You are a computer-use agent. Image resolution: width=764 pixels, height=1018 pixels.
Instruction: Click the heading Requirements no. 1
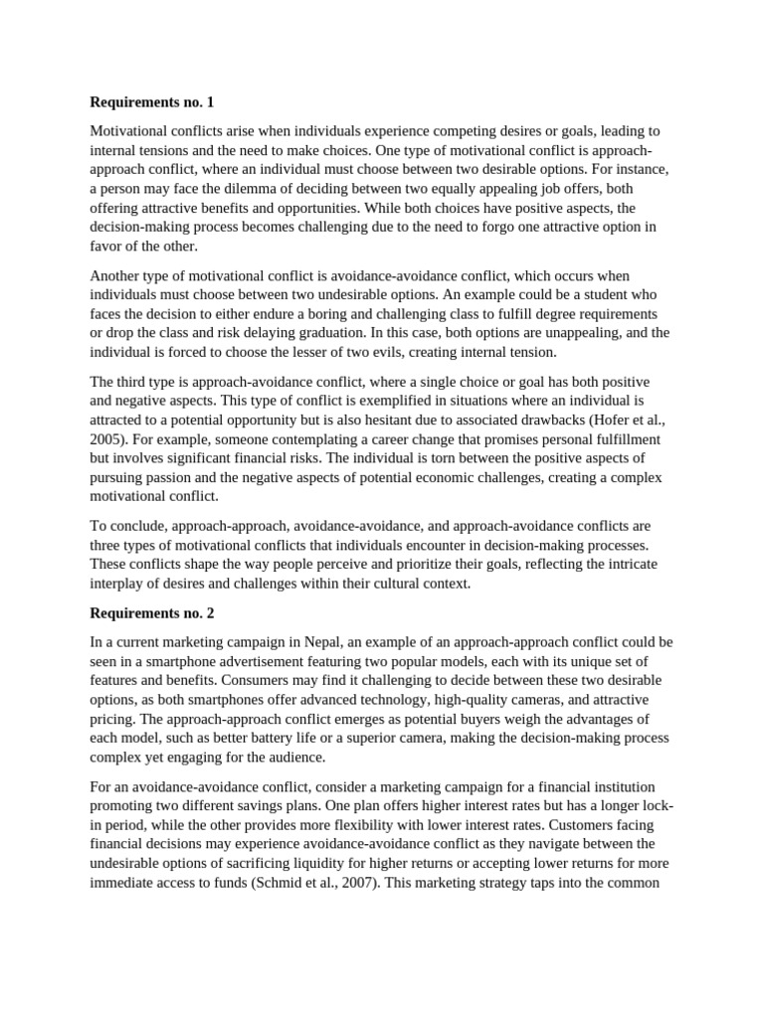151,102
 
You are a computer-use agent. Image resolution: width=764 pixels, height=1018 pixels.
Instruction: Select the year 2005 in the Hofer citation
108,438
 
